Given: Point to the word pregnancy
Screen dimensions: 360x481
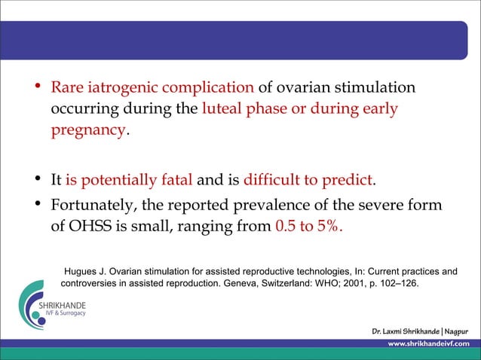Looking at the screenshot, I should tap(88, 130).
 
